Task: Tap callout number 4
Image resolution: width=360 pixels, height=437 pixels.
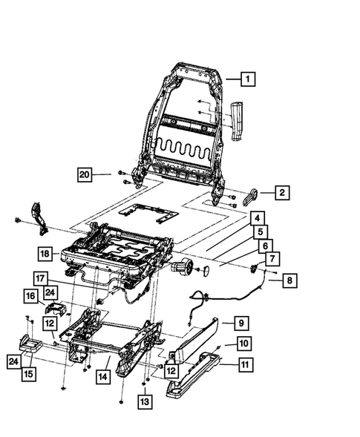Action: click(255, 219)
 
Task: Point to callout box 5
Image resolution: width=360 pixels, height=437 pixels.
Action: click(261, 232)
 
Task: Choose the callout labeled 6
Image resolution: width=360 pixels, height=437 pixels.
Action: click(266, 246)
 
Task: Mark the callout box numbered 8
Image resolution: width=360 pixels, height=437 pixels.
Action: click(289, 280)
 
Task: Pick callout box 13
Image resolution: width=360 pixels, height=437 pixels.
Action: click(145, 401)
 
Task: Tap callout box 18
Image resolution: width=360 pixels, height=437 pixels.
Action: click(45, 254)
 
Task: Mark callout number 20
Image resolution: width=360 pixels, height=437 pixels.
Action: click(87, 175)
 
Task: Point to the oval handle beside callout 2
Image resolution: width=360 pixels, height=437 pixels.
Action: click(250, 194)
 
